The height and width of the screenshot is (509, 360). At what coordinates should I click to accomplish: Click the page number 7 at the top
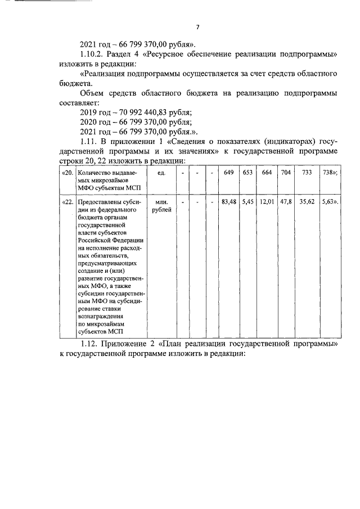point(197,28)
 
